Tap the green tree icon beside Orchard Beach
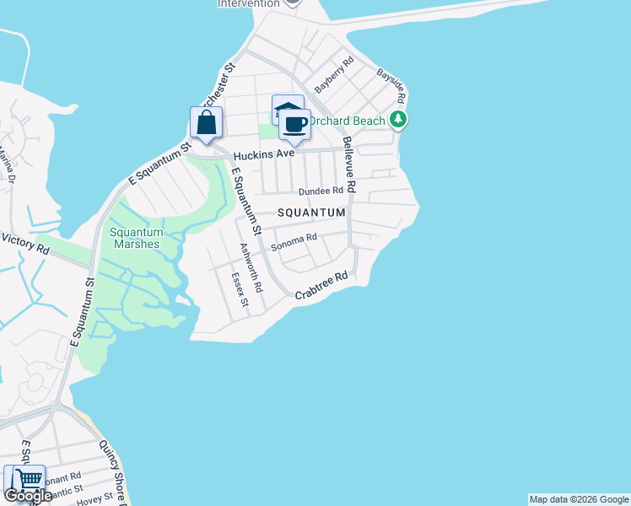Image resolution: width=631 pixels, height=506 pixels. pos(398,121)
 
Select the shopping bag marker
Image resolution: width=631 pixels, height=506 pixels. pos(207,124)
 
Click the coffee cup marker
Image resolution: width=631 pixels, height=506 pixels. pos(294,126)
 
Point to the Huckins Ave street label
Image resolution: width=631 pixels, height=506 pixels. pos(264,155)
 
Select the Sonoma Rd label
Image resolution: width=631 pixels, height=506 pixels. pos(293,243)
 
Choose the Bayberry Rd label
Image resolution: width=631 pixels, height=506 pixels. pos(334,76)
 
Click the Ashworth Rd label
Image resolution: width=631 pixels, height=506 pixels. pos(251,266)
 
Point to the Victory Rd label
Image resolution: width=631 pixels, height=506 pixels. pos(25,244)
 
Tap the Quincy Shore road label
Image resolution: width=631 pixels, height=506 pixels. pos(112,469)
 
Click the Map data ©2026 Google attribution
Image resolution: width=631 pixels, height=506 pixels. pos(579,499)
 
